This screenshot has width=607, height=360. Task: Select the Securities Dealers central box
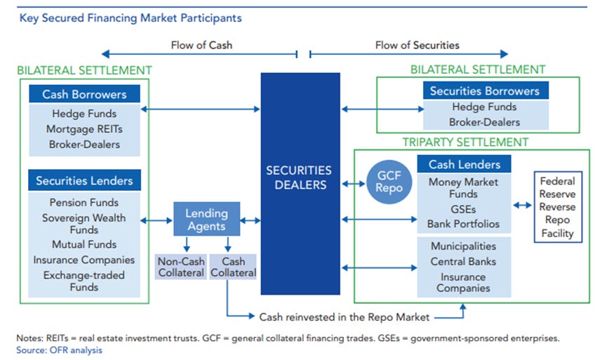tap(300, 178)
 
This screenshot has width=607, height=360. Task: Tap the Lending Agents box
tap(206, 220)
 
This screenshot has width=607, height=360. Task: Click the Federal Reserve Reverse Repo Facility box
tap(557, 207)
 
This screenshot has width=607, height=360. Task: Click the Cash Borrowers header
tap(84, 95)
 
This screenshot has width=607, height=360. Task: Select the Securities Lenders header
tap(84, 181)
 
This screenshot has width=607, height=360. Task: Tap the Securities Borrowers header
tap(484, 91)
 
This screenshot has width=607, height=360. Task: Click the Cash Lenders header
tap(463, 164)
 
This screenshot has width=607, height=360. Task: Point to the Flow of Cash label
tap(201, 45)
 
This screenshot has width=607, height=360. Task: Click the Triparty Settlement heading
tap(465, 142)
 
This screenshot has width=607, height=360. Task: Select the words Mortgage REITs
tap(84, 129)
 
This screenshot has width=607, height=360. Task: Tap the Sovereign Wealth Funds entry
tap(84, 223)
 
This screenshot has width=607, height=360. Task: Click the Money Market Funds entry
tap(463, 188)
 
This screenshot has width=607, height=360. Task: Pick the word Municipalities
tap(463, 246)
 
